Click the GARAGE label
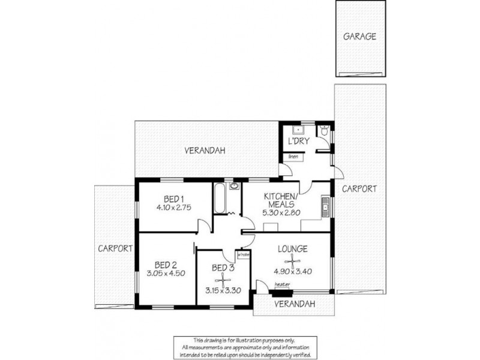click(x=359, y=36)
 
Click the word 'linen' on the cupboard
click(x=293, y=157)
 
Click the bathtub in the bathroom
click(x=219, y=198)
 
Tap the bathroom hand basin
click(x=234, y=186)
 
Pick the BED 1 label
click(x=174, y=199)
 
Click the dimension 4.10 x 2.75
click(x=174, y=209)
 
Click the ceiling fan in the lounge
click(x=293, y=260)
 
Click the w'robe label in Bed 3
click(x=243, y=254)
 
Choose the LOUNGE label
click(x=292, y=248)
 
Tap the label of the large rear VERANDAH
click(x=205, y=151)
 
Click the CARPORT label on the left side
click(x=116, y=248)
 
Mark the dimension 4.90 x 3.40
click(x=292, y=270)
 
